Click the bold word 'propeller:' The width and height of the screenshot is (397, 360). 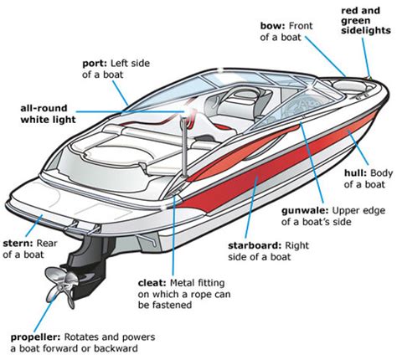pyautogui.click(x=35, y=337)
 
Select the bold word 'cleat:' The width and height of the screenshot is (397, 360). pyautogui.click(x=152, y=283)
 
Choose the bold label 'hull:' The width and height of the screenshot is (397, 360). pyautogui.click(x=355, y=173)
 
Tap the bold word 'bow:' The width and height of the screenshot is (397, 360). pyautogui.click(x=272, y=26)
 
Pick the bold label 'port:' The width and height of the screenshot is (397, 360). pyautogui.click(x=95, y=64)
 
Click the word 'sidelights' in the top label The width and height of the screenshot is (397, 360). pyautogui.click(x=366, y=30)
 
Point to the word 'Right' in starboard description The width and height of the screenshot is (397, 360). pyautogui.click(x=296, y=246)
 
